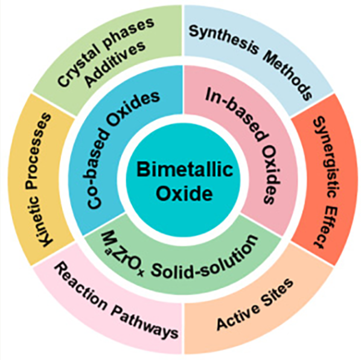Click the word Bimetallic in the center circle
(185, 170)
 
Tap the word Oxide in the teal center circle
(184, 193)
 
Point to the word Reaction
(80, 288)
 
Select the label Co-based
(98, 169)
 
